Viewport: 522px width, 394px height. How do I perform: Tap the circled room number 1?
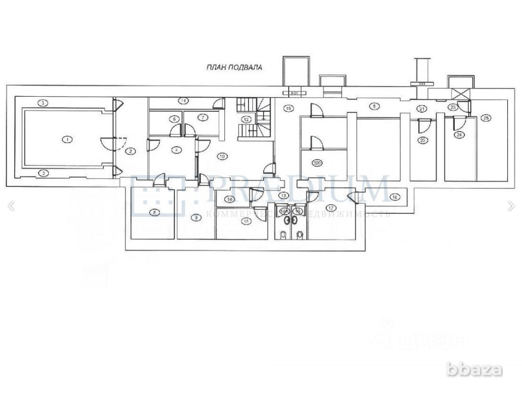66,139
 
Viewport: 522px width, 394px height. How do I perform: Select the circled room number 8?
154,212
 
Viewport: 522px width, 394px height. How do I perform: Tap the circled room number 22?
423,140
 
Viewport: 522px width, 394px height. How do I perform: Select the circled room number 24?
459,135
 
